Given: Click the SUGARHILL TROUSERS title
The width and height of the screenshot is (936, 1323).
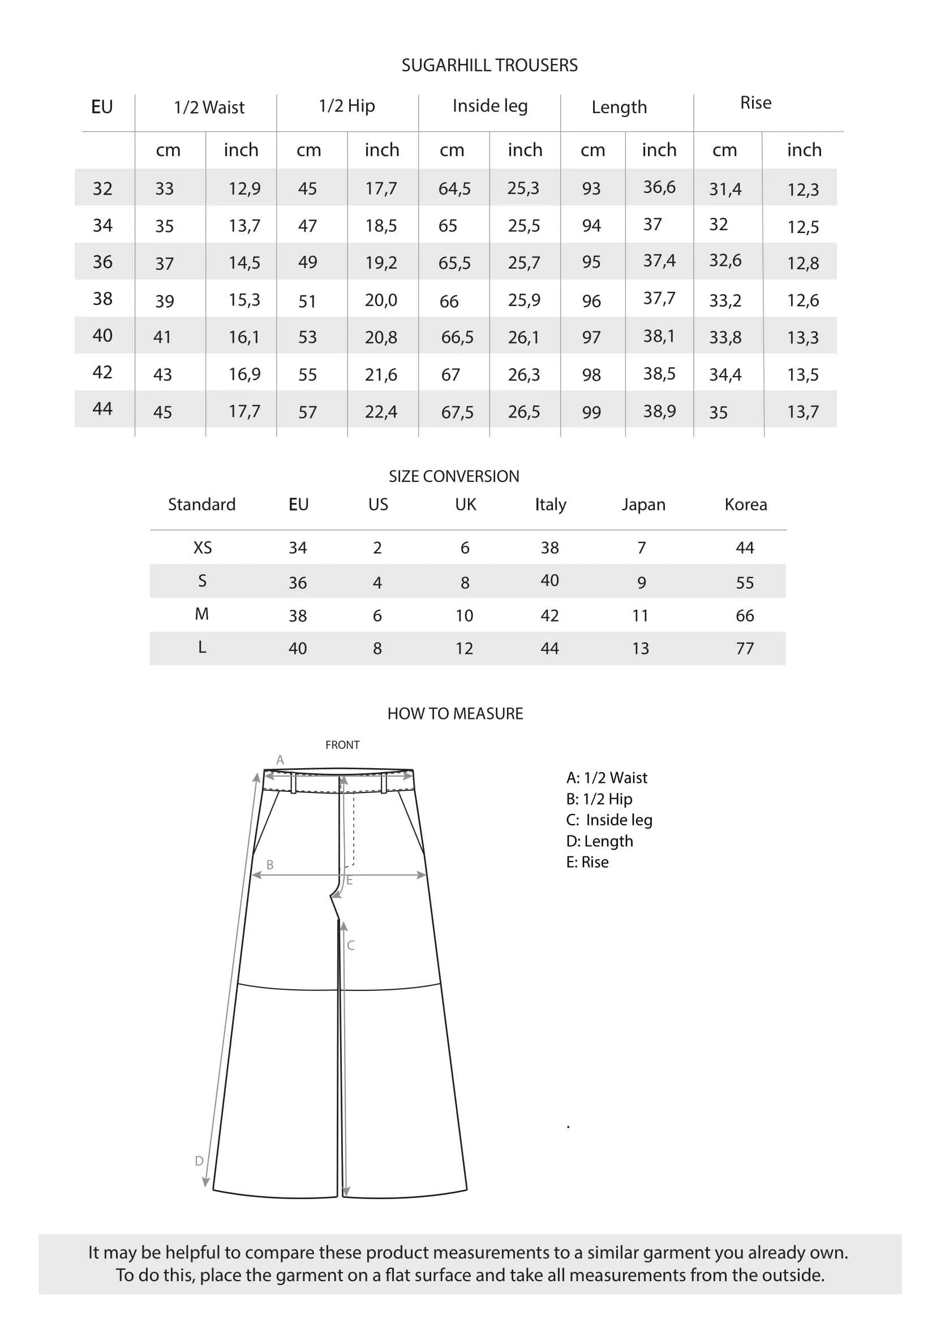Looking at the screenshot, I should (490, 66).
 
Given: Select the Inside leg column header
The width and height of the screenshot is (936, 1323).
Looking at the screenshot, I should (490, 106).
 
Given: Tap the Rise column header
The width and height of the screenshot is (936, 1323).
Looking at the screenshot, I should (755, 103).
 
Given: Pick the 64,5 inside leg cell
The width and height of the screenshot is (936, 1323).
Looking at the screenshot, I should (454, 188).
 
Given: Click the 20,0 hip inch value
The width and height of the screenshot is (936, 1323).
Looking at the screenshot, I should (381, 300).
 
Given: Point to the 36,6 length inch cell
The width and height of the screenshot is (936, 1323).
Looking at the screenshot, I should (659, 187).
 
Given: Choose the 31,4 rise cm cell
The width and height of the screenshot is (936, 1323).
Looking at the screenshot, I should (725, 189).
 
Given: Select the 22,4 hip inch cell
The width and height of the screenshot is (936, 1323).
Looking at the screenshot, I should (381, 412).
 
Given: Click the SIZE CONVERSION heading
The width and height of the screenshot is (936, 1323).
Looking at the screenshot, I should (454, 476).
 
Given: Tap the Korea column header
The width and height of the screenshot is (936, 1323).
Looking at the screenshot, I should (746, 505).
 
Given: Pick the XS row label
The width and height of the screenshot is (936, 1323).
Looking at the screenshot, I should (202, 548).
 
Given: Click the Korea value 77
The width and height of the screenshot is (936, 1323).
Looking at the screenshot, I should (745, 649).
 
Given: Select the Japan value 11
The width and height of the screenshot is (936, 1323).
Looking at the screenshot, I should (641, 616).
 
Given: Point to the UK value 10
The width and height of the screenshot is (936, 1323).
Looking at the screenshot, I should (464, 616).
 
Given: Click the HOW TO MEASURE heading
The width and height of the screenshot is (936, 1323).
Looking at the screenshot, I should (455, 714).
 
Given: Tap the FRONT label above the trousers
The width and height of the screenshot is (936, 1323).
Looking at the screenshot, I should (342, 745).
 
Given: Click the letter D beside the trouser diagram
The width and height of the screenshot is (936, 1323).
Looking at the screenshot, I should (199, 1161).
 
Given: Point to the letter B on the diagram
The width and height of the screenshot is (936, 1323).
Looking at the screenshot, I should (270, 865).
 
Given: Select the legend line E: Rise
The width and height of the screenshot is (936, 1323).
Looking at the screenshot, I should (587, 862).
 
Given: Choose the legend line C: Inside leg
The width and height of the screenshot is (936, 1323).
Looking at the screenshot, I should (609, 820).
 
